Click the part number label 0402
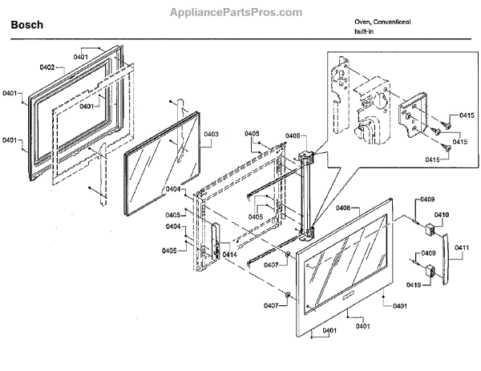click(43, 68)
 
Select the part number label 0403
click(211, 134)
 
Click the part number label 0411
click(461, 248)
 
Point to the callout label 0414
click(230, 254)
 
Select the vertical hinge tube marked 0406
click(307, 192)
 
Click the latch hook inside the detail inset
click(368, 131)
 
